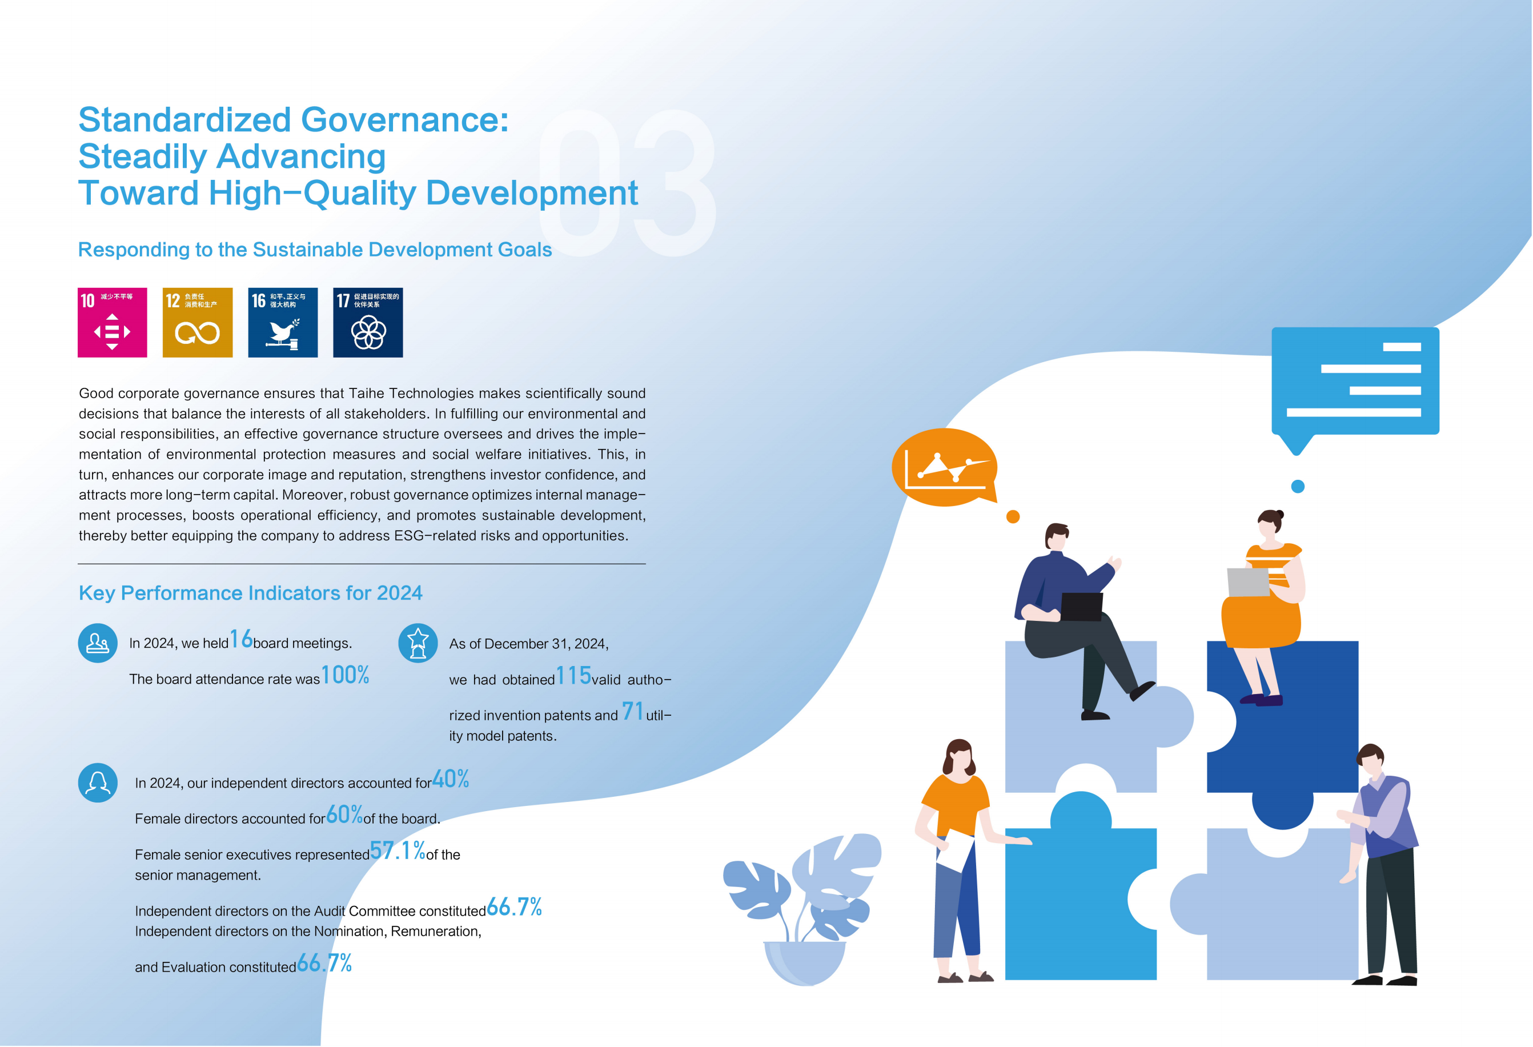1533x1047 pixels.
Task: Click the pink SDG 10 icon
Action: (x=112, y=323)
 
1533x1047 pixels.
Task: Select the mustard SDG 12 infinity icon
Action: (x=197, y=323)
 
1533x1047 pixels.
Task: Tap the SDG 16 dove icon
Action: (x=282, y=323)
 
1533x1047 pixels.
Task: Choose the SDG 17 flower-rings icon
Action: (x=367, y=323)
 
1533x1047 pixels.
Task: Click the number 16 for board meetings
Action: (x=241, y=639)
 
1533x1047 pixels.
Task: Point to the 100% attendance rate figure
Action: (x=345, y=675)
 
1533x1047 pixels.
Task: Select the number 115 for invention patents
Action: (x=573, y=676)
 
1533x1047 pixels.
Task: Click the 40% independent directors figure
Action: (x=451, y=779)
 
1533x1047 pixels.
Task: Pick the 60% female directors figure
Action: (x=344, y=815)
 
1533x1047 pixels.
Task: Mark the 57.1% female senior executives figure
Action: (x=397, y=851)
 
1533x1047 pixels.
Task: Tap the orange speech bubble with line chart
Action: (x=945, y=467)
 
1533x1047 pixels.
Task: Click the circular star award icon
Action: (x=418, y=643)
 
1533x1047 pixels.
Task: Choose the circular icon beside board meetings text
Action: (x=98, y=643)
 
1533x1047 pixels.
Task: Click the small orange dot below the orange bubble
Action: (x=1013, y=516)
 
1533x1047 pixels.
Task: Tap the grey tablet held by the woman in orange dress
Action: (x=1248, y=582)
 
